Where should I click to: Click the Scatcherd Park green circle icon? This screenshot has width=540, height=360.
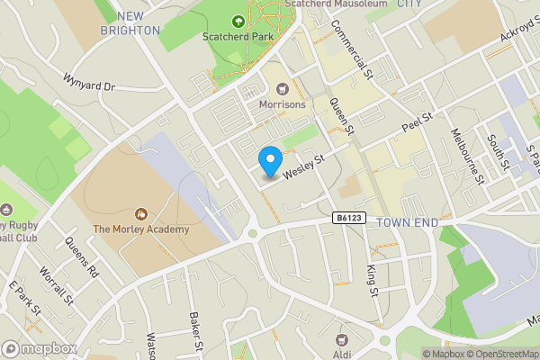click(x=238, y=22)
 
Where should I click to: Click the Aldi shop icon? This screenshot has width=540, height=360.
click(x=341, y=339)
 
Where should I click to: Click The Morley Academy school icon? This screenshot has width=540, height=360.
click(x=140, y=214)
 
